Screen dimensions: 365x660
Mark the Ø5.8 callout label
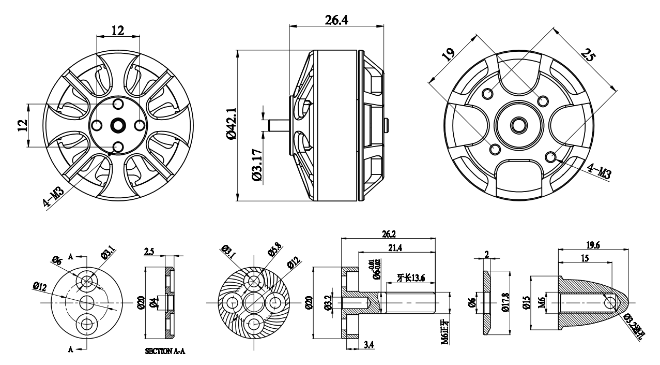(273, 253)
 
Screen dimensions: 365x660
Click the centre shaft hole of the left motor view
(118, 125)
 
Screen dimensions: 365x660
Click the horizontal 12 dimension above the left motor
(118, 31)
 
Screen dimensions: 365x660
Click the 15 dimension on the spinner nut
(584, 258)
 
